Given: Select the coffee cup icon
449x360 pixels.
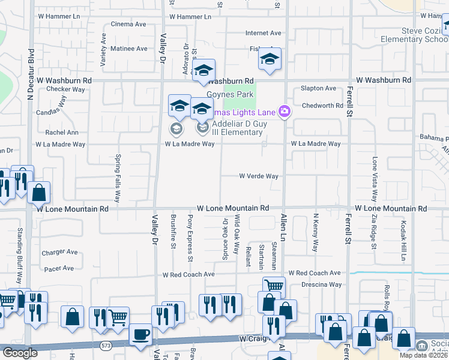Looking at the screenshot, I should [x=140, y=334].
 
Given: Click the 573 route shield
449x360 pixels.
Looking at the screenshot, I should [x=106, y=346].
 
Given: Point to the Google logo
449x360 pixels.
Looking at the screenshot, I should [x=19, y=353].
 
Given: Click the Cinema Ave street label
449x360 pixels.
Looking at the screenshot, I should [x=128, y=25].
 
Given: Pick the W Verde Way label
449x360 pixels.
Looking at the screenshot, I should [x=259, y=176].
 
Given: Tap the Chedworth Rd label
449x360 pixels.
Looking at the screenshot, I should [x=322, y=106].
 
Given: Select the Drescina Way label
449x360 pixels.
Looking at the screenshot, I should [x=322, y=284].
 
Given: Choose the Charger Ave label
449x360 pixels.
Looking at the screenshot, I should [x=58, y=253].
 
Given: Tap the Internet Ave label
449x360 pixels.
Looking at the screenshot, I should [x=263, y=34].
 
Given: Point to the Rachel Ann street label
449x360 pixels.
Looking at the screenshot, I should [x=62, y=133].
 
